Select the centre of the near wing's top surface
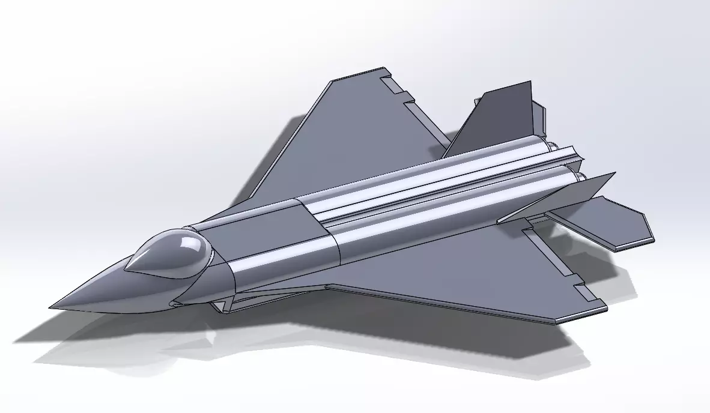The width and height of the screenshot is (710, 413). (457, 270)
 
